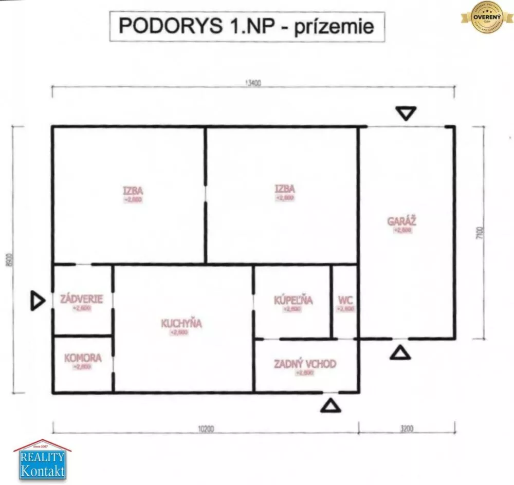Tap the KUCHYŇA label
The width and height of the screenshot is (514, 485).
(181, 324)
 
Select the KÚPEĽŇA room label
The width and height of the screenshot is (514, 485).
(293, 301)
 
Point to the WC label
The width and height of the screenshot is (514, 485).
(344, 301)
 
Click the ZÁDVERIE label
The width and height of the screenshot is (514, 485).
(81, 299)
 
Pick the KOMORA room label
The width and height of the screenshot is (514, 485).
(82, 358)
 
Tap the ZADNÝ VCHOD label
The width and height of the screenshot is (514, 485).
(305, 364)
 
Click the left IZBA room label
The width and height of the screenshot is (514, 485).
(132, 189)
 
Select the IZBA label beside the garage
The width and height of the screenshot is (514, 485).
(285, 189)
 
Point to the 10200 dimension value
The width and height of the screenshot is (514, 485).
(206, 428)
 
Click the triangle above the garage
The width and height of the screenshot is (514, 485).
(406, 113)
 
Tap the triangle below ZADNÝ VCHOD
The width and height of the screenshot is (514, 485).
(331, 405)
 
